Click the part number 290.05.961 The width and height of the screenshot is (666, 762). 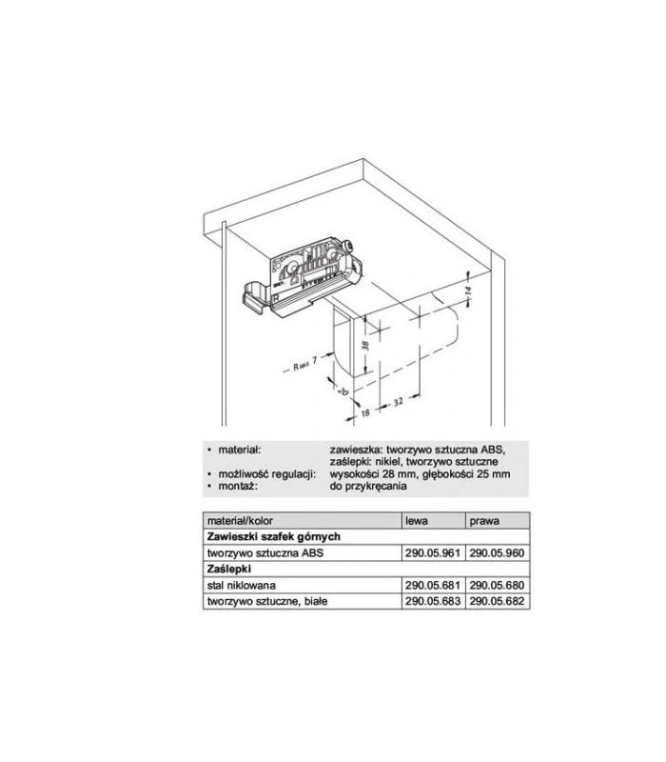point(433,553)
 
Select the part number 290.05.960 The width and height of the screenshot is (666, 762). point(497,553)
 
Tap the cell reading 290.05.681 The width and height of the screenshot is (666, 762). point(433,585)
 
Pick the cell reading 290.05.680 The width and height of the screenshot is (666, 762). point(497,585)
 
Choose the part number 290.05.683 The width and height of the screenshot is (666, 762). point(433,601)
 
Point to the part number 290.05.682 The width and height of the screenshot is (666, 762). point(497,601)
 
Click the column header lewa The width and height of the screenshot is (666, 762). point(417,521)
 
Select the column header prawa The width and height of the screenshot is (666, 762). point(484,521)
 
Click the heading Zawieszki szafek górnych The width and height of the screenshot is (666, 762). point(273,537)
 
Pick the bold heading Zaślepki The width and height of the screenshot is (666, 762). point(228,569)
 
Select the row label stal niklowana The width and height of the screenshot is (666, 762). point(242,585)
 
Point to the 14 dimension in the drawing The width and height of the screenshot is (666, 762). point(467,291)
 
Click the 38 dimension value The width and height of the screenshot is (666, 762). point(365,345)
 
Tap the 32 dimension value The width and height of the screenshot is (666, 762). point(398,402)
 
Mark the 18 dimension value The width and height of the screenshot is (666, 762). point(365,412)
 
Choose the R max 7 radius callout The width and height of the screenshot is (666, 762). point(304,364)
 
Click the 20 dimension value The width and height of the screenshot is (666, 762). point(343,391)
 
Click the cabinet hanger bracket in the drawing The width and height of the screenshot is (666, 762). point(302,277)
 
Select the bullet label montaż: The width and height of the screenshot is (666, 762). point(237,486)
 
